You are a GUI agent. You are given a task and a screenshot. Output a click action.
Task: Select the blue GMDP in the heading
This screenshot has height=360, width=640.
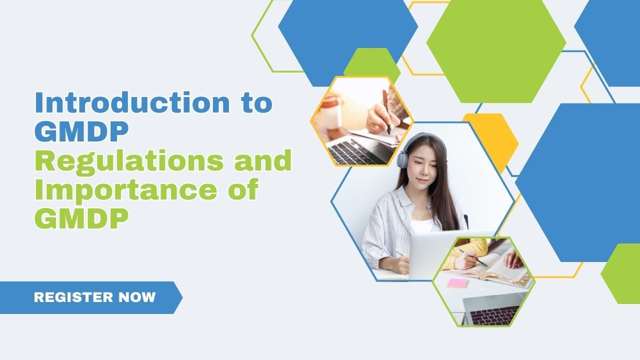81,131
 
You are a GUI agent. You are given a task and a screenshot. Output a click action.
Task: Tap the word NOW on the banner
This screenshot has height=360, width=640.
137,297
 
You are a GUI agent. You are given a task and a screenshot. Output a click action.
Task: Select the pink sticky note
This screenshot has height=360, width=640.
457,283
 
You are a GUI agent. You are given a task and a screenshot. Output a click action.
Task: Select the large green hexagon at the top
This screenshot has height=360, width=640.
496,50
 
